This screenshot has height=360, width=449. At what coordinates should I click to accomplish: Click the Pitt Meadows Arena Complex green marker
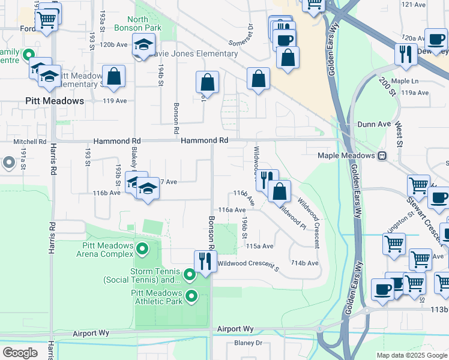[142, 248]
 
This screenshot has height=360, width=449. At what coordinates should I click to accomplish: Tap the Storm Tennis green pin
[190, 275]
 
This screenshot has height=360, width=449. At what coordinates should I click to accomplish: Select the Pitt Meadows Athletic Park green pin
[191, 296]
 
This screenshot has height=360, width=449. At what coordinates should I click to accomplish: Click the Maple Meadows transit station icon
[382, 155]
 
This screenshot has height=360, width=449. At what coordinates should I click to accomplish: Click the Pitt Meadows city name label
[55, 101]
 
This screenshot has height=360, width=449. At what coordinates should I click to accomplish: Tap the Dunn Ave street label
[374, 124]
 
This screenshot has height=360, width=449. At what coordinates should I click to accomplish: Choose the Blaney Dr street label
[249, 343]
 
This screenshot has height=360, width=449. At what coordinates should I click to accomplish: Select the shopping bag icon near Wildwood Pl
[280, 192]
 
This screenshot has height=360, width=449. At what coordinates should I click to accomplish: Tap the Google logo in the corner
[20, 352]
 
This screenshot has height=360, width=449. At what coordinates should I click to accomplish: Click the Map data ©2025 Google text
[411, 355]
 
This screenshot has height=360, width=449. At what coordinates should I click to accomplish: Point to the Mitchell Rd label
[30, 142]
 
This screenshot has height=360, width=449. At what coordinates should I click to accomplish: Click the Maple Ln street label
[404, 81]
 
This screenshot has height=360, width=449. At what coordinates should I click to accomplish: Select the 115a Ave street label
[260, 246]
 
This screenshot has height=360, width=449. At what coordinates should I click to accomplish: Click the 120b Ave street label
[114, 44]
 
